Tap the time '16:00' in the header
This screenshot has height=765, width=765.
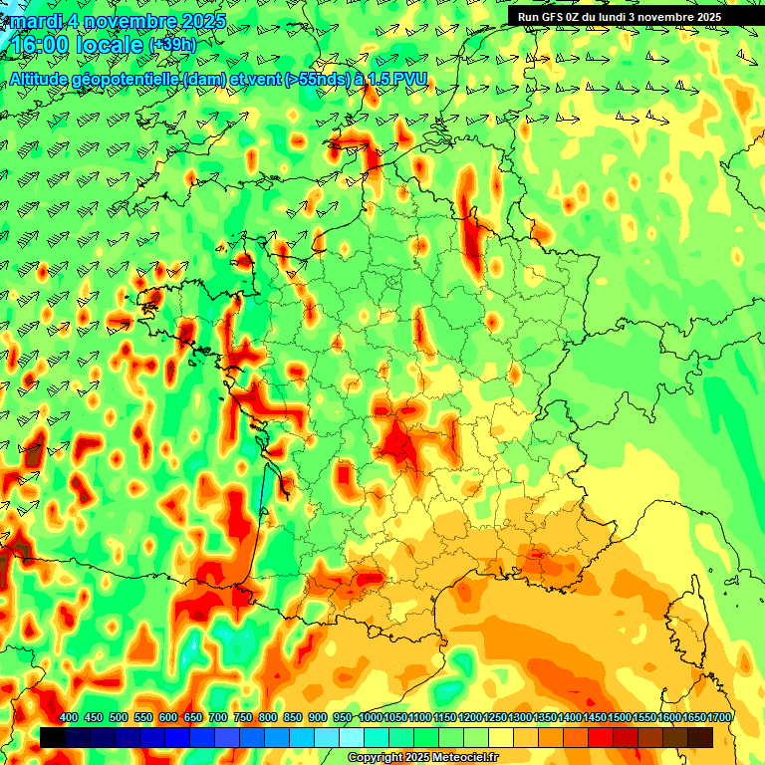coord(40,46)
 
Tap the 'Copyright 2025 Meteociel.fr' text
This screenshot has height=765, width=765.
coord(421,758)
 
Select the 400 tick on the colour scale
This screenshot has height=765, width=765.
coord(69,718)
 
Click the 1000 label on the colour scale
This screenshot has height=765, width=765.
coord(370,718)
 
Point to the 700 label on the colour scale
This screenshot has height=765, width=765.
coord(218,718)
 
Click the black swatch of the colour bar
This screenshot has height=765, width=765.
coord(53,737)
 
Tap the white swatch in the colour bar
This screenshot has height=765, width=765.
coord(352,737)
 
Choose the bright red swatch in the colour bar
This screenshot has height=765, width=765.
coord(601,737)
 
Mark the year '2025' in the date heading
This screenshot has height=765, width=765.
coord(199,20)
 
